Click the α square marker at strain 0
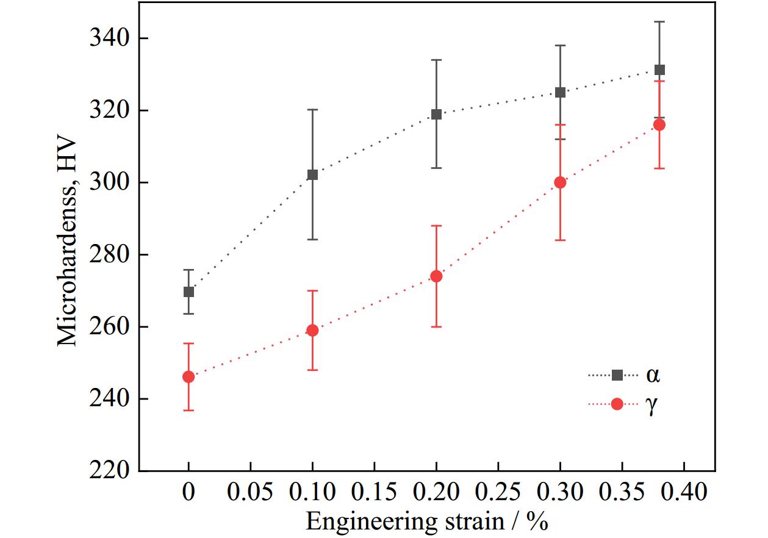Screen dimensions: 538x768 pyautogui.click(x=188, y=292)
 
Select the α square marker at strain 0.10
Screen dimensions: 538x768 pyautogui.click(x=312, y=175)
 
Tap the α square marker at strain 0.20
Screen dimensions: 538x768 pyautogui.click(x=436, y=114)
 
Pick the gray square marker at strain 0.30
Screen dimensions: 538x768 pyautogui.click(x=560, y=93)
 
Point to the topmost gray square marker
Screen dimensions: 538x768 pyautogui.click(x=659, y=70)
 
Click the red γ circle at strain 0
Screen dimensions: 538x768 pyautogui.click(x=188, y=377)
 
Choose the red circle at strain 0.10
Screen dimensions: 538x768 pyautogui.click(x=312, y=331)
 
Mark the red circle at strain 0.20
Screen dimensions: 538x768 pyautogui.click(x=436, y=276)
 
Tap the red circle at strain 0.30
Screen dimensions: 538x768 pyautogui.click(x=560, y=182)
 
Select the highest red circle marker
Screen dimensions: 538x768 pyautogui.click(x=659, y=125)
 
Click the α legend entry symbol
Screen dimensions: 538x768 pyautogui.click(x=617, y=375)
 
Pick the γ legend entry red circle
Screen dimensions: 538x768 pyautogui.click(x=617, y=404)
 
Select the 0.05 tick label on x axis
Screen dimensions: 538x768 pyautogui.click(x=251, y=492)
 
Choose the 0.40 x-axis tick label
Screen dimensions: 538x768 pyautogui.click(x=684, y=492)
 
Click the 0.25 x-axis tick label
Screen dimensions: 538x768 pyautogui.click(x=498, y=492)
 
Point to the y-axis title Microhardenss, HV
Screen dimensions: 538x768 pyautogui.click(x=68, y=242)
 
